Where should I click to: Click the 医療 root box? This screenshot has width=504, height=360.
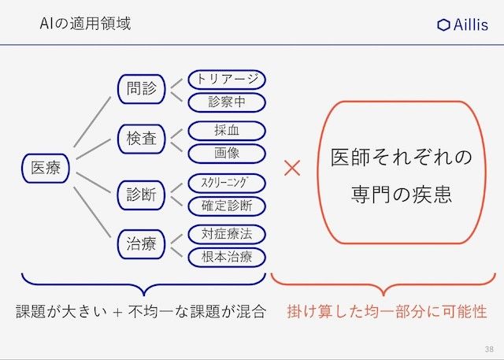[x=46, y=168]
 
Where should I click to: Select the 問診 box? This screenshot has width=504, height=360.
[x=142, y=89]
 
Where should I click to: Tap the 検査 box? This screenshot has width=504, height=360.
[x=142, y=140]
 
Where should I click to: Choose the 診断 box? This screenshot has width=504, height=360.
[x=142, y=194]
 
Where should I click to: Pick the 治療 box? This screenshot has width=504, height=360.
[x=142, y=244]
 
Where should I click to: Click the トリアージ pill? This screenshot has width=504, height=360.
[x=226, y=80]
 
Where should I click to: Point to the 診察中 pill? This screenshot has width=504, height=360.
[x=226, y=102]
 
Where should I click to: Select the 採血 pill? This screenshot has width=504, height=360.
[x=226, y=131]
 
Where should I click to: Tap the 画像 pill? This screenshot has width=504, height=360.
[x=226, y=152]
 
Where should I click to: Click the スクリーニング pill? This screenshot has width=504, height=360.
[x=226, y=184]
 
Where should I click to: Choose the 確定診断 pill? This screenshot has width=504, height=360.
[x=226, y=206]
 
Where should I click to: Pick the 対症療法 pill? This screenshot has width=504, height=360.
[x=226, y=234]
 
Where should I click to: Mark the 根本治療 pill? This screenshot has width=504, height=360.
[x=226, y=256]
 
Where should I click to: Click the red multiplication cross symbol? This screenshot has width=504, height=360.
[x=293, y=169]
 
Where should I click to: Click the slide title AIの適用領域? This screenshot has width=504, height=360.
[x=85, y=24]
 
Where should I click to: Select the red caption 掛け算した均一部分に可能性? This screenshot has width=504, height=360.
[x=387, y=311]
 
